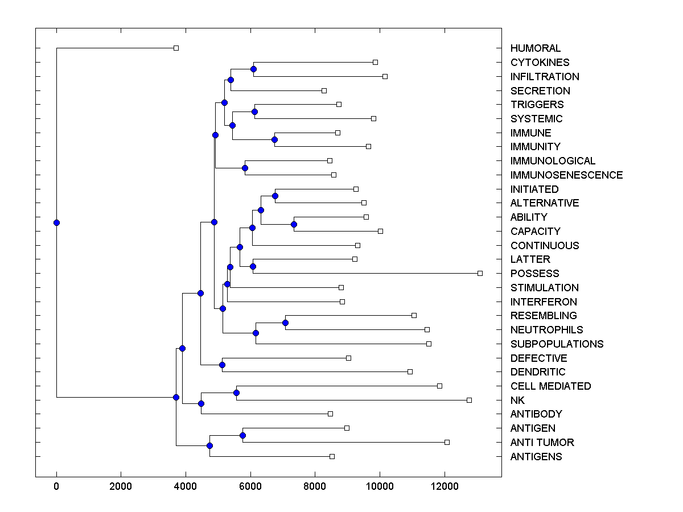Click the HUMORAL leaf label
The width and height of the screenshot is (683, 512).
point(535,48)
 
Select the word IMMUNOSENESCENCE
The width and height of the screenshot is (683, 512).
point(566,175)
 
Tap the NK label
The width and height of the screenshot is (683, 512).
point(517,400)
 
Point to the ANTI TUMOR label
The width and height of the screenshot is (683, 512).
point(542,443)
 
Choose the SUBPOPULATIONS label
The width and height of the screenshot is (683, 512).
point(557,344)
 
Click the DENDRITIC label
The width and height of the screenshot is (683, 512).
point(538,372)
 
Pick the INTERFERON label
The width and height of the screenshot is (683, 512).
point(544,302)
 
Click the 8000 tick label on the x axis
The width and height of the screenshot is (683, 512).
point(315,486)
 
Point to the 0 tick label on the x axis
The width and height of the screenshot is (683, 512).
point(56,486)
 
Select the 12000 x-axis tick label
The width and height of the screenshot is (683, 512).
point(445,486)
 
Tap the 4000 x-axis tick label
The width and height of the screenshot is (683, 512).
point(186,486)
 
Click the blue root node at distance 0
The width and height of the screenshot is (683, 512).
point(56,222)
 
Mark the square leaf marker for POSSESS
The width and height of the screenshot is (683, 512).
point(480,274)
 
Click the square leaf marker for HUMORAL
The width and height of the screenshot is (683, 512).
point(176,48)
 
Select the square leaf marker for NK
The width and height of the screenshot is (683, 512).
point(469,400)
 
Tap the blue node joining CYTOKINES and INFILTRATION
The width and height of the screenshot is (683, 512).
point(253,69)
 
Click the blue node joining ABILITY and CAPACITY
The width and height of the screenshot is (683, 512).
point(294,224)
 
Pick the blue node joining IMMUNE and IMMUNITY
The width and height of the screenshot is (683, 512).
point(274,139)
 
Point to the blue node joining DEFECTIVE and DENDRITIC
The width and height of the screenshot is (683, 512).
point(222,365)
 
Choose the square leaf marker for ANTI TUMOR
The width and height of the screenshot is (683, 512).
point(447,443)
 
